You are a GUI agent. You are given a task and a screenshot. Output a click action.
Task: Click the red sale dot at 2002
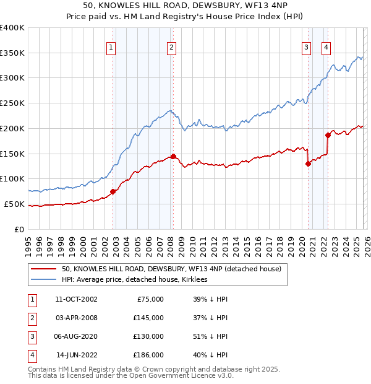coord(113,191)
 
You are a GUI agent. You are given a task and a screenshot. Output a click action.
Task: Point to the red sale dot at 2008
coord(173,156)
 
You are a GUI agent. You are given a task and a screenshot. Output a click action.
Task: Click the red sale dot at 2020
coord(308,164)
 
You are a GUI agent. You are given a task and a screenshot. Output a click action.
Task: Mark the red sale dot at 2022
coord(328,135)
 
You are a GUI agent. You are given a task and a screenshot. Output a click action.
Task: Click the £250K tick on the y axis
coord(12,103)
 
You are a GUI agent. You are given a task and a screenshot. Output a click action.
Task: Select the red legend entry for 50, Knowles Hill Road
coord(171,269)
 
